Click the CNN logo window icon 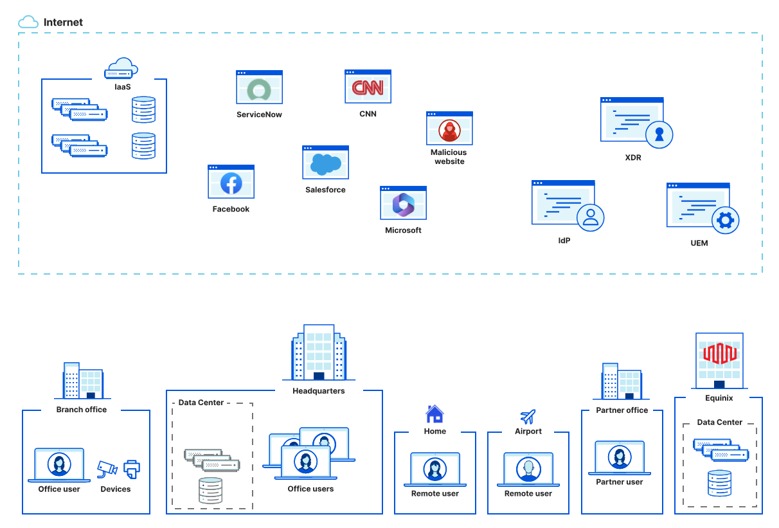click(x=368, y=87)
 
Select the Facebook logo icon click(x=231, y=183)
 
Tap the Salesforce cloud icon click(x=325, y=164)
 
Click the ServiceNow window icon click(x=259, y=88)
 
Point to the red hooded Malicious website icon click(x=449, y=131)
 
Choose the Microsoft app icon click(x=403, y=205)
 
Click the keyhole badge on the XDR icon click(x=659, y=134)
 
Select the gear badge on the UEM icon click(x=726, y=221)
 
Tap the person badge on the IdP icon click(x=591, y=217)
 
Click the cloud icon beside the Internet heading click(x=28, y=23)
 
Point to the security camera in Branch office click(x=107, y=469)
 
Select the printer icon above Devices click(x=131, y=469)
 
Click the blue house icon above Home click(x=434, y=414)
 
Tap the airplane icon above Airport click(x=528, y=416)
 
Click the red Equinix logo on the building click(x=719, y=353)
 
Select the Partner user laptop click(x=620, y=458)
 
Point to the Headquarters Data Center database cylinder click(x=211, y=490)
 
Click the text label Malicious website click(x=449, y=157)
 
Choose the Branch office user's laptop click(x=59, y=465)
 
